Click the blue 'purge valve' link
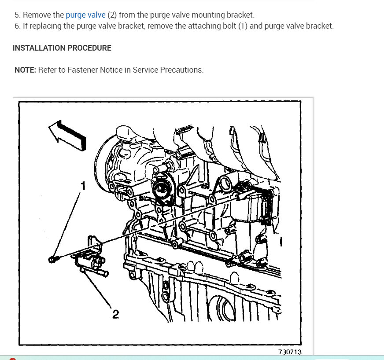(x=85, y=15)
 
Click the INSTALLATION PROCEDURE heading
(x=62, y=48)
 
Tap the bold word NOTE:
(x=25, y=70)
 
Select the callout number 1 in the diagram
(x=82, y=186)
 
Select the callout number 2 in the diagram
(x=115, y=314)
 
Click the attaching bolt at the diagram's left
(x=52, y=260)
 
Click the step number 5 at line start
(x=17, y=15)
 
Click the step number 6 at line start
(x=17, y=26)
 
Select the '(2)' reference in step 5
(x=112, y=15)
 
